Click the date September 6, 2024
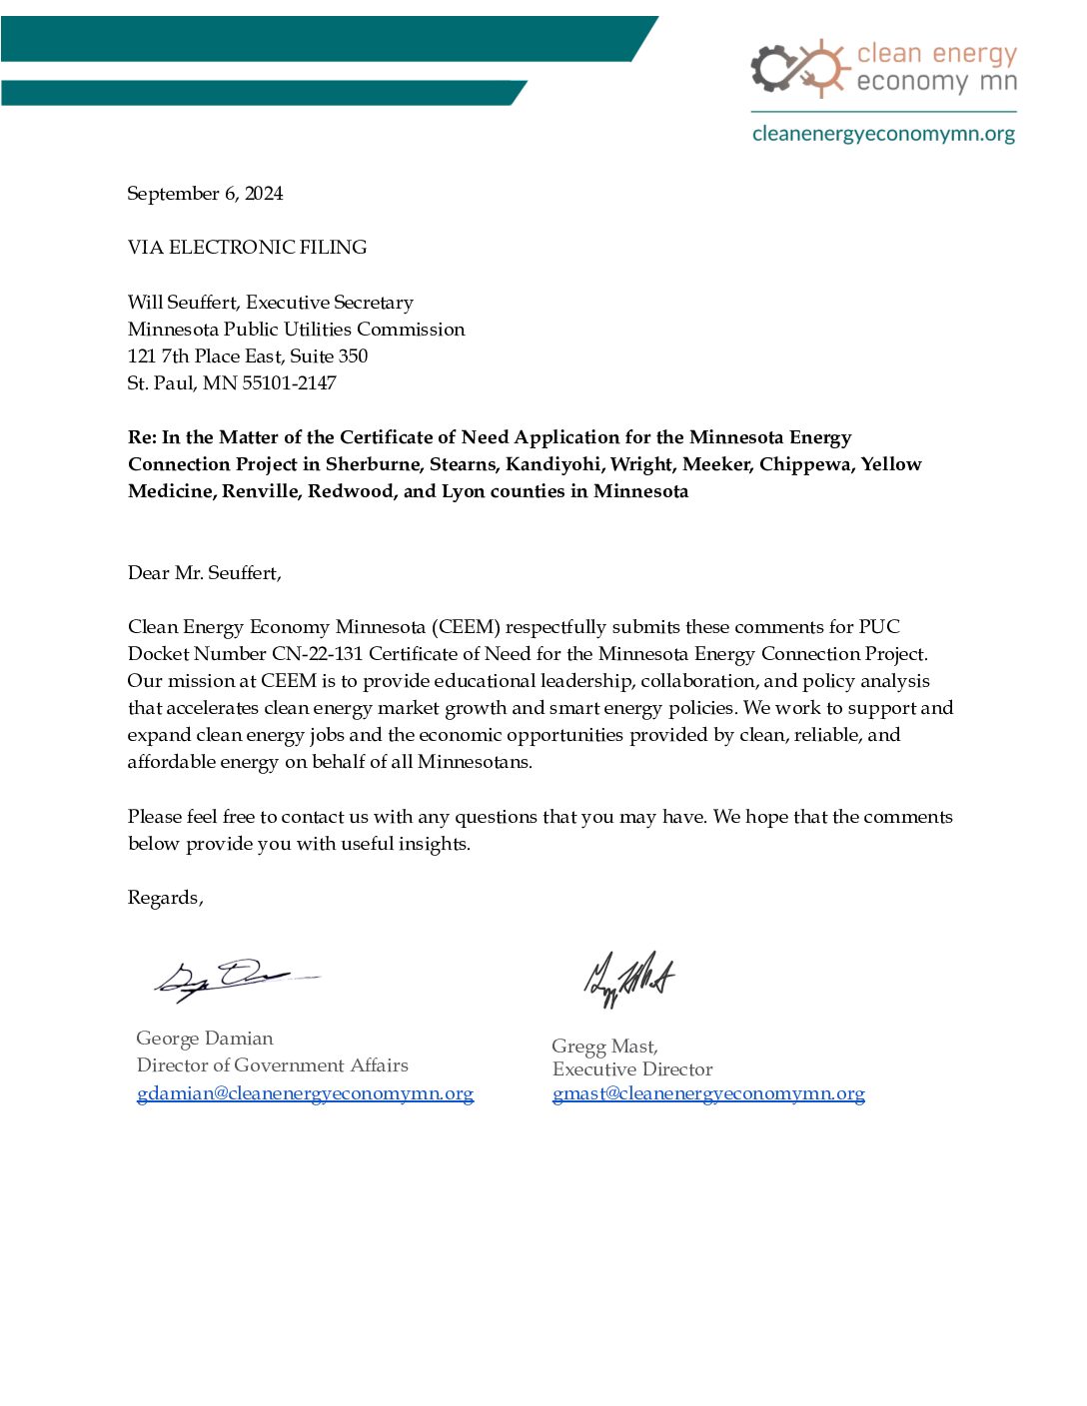pos(205,194)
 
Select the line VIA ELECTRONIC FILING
pos(247,248)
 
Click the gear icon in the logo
pos(772,68)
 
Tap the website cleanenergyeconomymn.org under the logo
pos(883,134)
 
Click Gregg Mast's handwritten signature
pos(628,978)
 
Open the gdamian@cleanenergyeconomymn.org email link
pos(305,1093)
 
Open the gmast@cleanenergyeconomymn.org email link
pos(708,1093)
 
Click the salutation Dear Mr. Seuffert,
pos(205,573)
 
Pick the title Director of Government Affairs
pos(273,1065)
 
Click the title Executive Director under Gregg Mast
pos(632,1069)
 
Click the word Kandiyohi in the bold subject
pos(552,464)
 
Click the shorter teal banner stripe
pos(260,93)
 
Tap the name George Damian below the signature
pos(205,1039)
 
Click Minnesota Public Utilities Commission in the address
pos(296,330)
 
